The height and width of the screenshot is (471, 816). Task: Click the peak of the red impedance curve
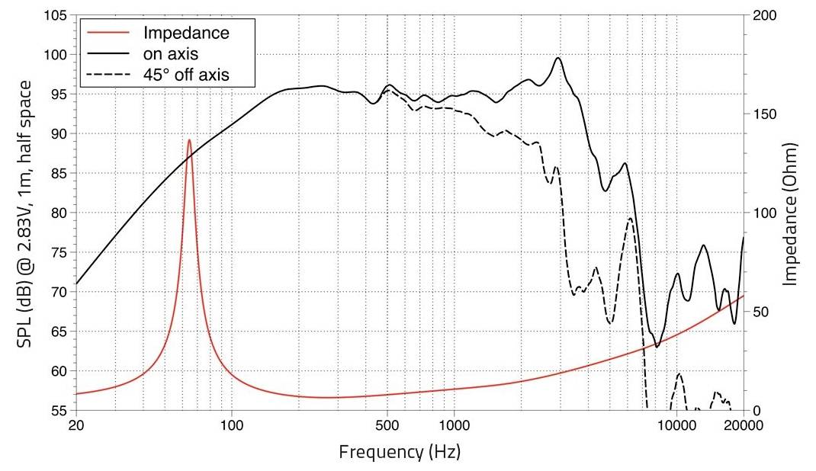click(189, 139)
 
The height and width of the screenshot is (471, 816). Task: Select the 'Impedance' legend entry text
click(186, 33)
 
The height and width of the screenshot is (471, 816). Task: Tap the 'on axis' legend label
click(170, 53)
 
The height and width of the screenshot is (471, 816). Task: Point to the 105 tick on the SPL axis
click(54, 15)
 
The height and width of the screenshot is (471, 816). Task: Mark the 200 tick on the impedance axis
click(765, 15)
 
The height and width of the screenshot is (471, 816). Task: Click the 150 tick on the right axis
click(765, 114)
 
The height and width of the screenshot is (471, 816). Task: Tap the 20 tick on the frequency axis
click(76, 425)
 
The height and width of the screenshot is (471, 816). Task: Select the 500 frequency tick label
click(387, 425)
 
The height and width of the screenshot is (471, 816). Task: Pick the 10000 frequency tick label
click(676, 425)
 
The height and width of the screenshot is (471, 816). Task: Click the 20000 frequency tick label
click(743, 425)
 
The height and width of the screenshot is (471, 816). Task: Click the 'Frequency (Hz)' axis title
click(400, 451)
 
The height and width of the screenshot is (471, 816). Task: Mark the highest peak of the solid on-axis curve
click(558, 58)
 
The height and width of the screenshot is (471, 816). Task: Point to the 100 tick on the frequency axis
click(232, 425)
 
